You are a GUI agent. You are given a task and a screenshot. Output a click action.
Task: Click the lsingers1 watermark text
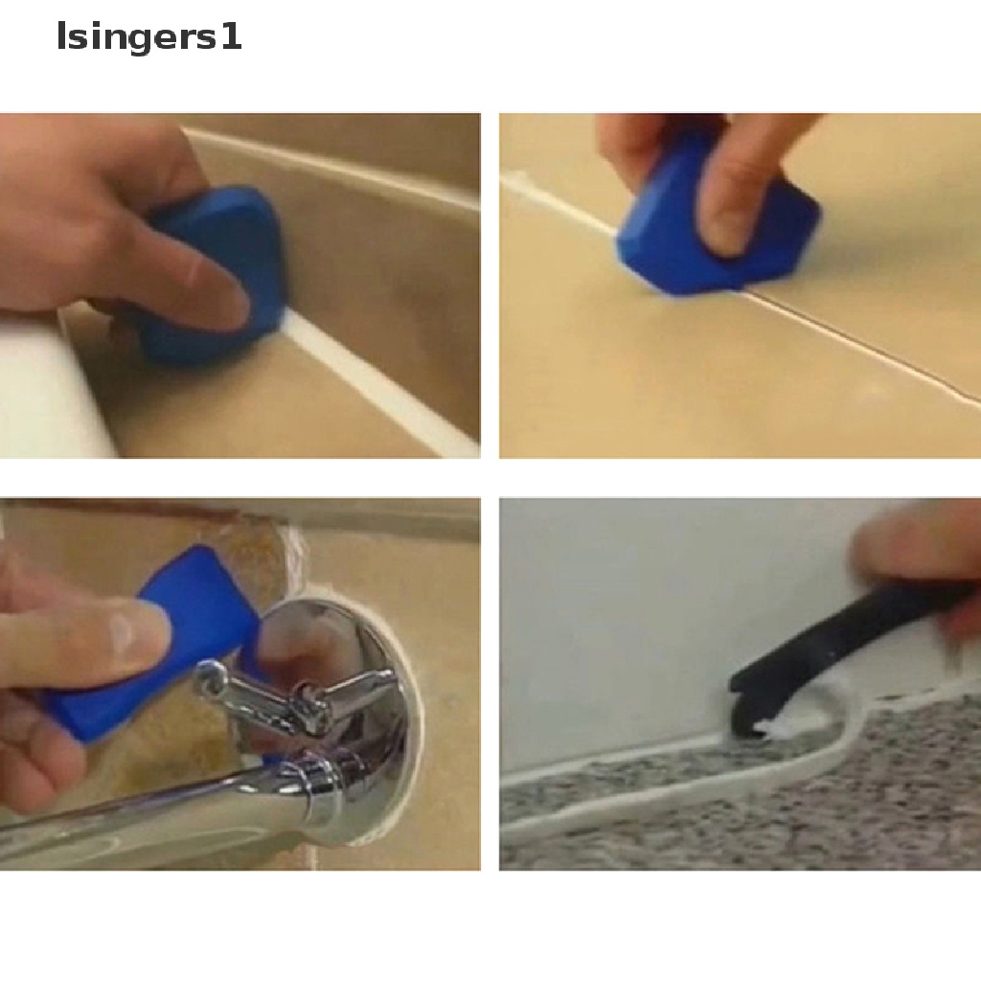coord(148,37)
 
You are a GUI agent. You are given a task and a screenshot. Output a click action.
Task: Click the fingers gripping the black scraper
coord(920,556)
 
